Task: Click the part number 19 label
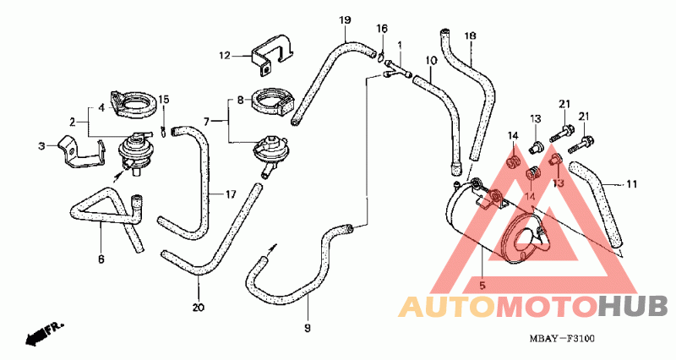tap(345, 19)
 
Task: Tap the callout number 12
tap(225, 56)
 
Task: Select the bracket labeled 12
tap(273, 54)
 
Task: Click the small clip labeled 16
tap(381, 55)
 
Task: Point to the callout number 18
tap(471, 35)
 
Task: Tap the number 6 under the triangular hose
tap(101, 259)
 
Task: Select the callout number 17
tap(231, 195)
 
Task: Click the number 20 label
tap(199, 308)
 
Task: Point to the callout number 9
tap(308, 329)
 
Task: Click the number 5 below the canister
tap(482, 285)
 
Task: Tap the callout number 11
tap(631, 184)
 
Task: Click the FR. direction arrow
tap(44, 332)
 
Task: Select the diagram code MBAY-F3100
tap(562, 339)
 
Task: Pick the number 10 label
tap(432, 60)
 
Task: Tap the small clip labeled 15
tap(163, 131)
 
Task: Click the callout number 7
tap(206, 122)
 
